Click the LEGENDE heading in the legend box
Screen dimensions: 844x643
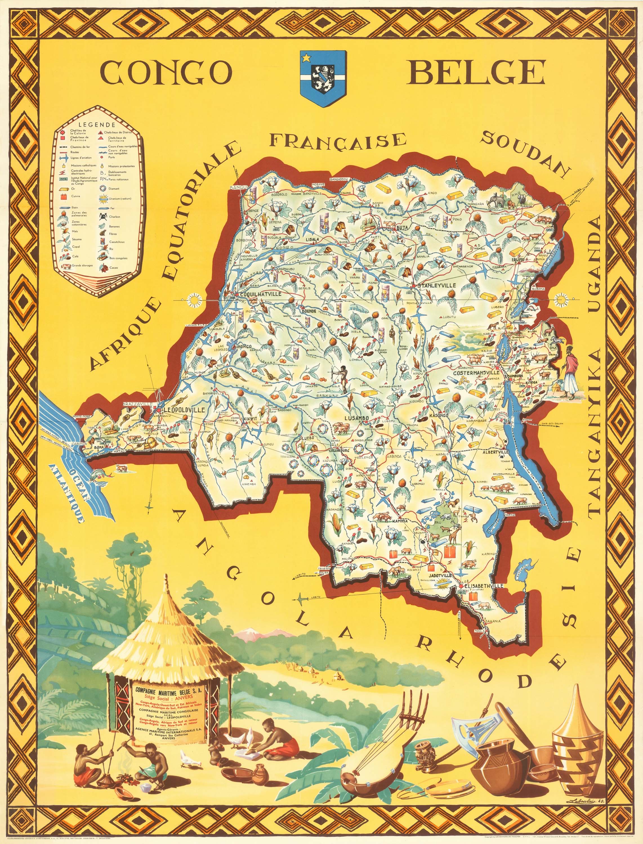tap(97, 125)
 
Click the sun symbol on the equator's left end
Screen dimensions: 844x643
tap(195, 299)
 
